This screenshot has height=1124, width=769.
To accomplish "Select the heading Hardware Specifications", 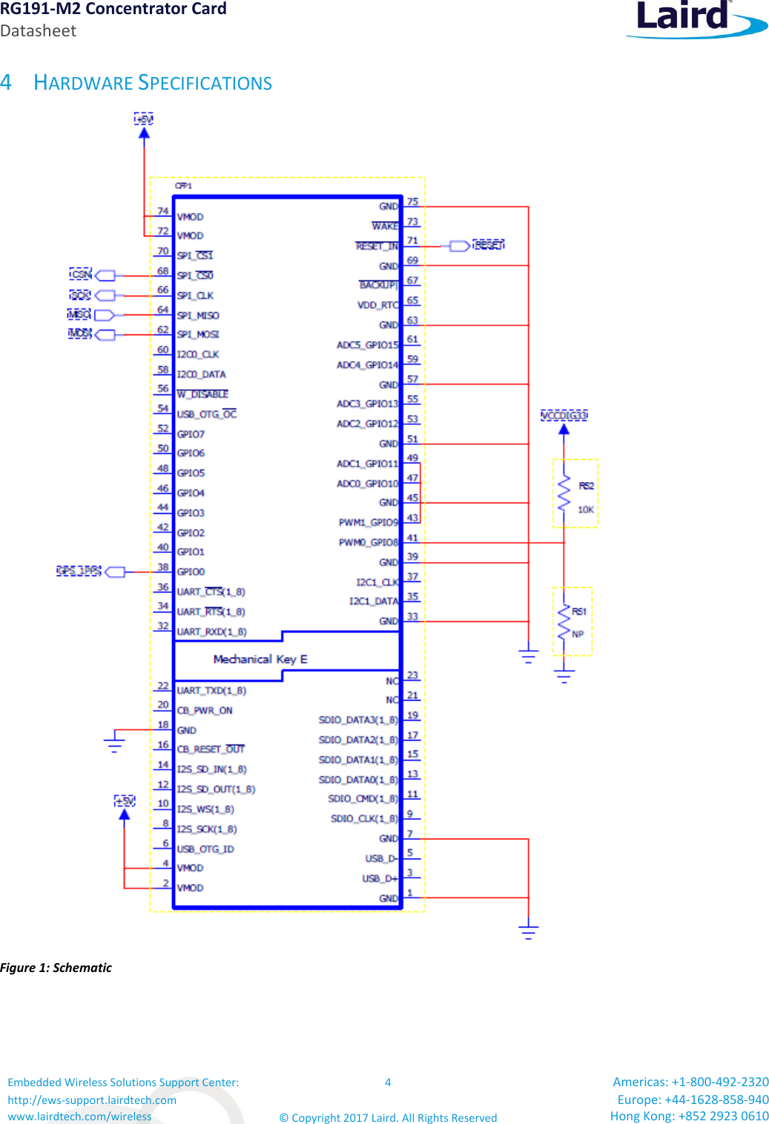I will (x=153, y=83).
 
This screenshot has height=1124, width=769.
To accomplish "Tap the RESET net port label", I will (x=488, y=245).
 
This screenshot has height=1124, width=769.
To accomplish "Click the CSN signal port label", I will (x=81, y=275).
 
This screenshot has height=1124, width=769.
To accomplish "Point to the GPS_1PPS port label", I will (x=79, y=571).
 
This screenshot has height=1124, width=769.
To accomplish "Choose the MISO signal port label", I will (x=79, y=315).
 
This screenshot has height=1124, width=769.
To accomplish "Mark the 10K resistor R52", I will (x=565, y=494).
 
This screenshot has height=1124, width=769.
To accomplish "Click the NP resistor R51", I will (x=565, y=622).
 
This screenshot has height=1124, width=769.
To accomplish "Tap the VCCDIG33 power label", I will (x=564, y=415).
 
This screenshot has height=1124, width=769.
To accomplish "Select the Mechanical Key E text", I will (x=260, y=659).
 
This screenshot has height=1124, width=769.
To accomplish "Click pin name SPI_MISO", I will (x=198, y=315).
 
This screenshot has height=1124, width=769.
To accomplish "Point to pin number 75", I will (x=412, y=202).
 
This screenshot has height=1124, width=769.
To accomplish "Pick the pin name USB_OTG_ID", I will (x=205, y=849).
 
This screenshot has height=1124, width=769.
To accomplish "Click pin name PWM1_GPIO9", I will (x=369, y=523).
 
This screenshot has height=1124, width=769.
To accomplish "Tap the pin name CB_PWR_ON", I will (x=205, y=710).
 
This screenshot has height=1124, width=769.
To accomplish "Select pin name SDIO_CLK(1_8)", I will (x=364, y=819).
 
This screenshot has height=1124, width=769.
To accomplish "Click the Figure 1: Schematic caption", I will (x=56, y=968).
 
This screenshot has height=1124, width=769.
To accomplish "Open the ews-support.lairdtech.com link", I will (x=92, y=1100).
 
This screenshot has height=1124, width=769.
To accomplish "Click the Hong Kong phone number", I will (x=689, y=1116).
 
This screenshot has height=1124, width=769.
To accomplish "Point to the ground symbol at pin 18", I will (x=114, y=742).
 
